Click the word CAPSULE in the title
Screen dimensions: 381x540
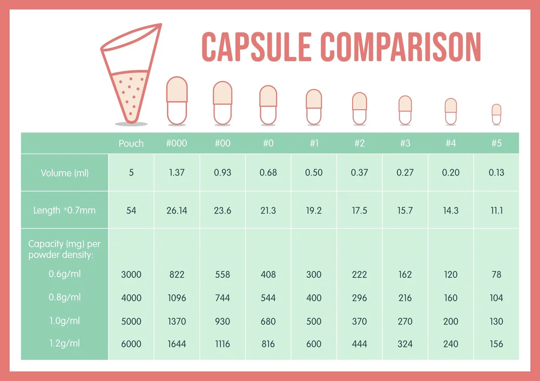click(255, 47)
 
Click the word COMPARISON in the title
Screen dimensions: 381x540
click(400, 47)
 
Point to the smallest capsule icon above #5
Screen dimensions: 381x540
click(496, 115)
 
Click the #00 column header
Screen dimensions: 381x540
click(222, 143)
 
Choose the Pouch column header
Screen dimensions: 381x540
click(131, 143)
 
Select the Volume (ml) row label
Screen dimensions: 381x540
click(65, 173)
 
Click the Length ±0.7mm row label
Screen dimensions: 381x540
click(64, 210)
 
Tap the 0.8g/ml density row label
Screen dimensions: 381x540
click(64, 297)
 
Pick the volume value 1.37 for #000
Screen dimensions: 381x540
click(177, 173)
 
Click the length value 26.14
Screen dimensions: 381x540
click(177, 210)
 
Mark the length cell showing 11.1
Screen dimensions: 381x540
click(496, 210)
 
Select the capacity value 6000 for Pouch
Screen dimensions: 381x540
click(131, 344)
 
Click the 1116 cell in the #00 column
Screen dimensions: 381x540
click(222, 344)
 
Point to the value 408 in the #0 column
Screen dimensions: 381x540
click(268, 275)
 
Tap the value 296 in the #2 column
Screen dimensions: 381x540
click(359, 298)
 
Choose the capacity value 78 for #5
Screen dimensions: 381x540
click(496, 275)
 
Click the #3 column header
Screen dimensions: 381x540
click(405, 143)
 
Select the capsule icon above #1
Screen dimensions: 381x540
click(314, 106)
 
